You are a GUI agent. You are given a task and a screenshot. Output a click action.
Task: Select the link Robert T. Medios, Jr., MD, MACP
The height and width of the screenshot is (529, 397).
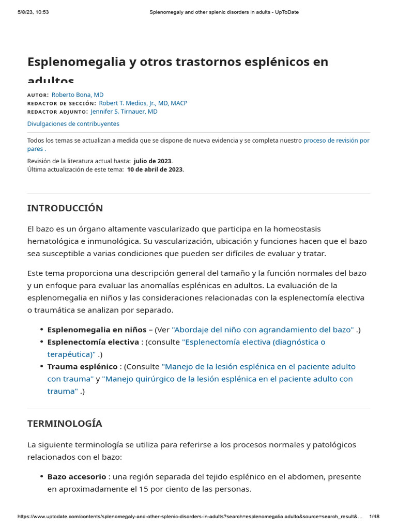(143, 103)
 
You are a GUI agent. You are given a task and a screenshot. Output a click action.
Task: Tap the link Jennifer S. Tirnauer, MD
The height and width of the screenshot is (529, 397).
(124, 112)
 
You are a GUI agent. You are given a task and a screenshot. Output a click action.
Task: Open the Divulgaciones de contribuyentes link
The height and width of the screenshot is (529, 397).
(73, 124)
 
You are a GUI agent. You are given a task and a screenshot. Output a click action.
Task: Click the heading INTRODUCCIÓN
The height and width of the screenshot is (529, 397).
(65, 208)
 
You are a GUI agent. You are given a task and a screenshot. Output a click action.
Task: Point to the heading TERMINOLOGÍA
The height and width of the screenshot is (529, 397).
(65, 424)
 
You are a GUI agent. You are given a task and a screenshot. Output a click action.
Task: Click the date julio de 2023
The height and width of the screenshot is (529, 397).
(152, 161)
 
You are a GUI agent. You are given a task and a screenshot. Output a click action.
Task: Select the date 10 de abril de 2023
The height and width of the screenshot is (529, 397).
(155, 169)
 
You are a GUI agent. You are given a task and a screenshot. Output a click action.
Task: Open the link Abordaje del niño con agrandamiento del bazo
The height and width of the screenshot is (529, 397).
(263, 330)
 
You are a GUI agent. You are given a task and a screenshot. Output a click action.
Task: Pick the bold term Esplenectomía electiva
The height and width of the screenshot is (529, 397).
(93, 342)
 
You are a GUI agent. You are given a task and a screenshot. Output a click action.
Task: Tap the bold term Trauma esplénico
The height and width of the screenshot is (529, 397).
(82, 366)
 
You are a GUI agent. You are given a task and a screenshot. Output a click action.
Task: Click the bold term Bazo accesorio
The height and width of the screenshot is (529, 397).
(77, 476)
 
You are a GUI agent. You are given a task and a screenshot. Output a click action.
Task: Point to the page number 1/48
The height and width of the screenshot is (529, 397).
(374, 517)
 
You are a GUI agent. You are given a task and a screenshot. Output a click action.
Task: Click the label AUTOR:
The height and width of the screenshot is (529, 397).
(38, 96)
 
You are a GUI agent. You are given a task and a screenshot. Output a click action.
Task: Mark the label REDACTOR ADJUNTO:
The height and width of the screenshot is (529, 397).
(57, 112)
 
